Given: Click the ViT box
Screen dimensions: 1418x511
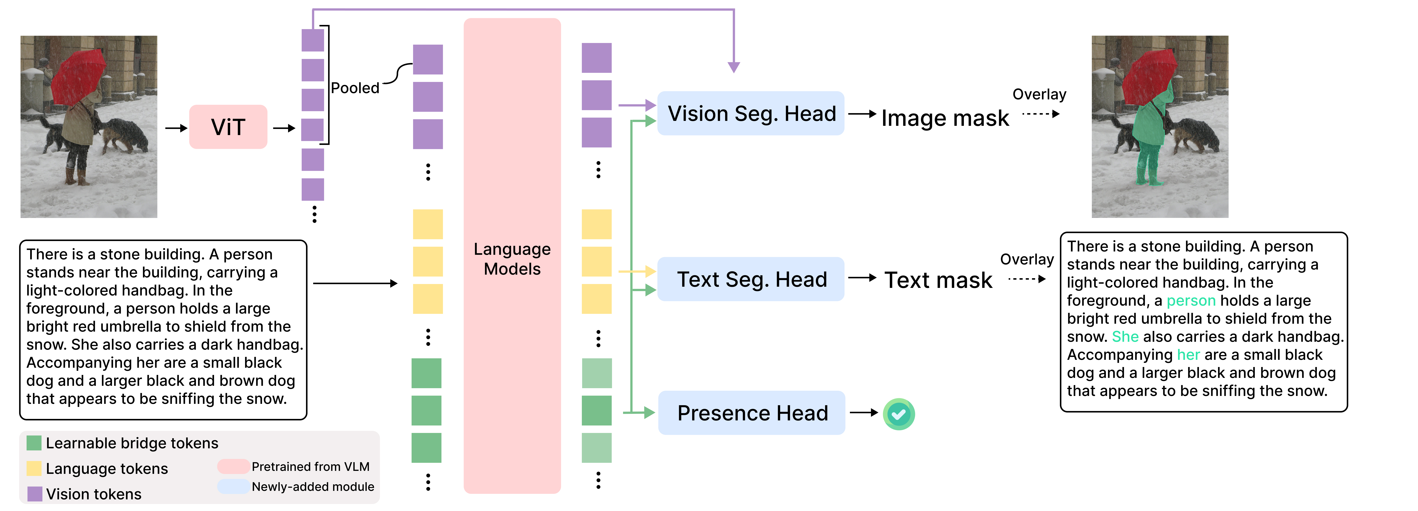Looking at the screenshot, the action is [x=228, y=127].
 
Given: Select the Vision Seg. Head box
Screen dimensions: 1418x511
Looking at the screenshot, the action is [x=751, y=113].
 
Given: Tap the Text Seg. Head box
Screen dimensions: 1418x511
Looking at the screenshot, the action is [x=751, y=279].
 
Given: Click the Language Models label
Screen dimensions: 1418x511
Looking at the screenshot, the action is [x=512, y=259].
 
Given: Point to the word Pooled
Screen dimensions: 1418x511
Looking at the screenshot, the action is [x=355, y=88].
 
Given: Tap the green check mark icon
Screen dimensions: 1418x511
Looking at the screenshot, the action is [x=899, y=414].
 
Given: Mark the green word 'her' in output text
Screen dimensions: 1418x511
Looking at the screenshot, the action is [x=1188, y=355].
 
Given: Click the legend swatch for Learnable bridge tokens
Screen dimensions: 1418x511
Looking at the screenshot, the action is [x=34, y=443].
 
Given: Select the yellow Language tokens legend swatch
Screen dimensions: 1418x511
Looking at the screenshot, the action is [x=34, y=468].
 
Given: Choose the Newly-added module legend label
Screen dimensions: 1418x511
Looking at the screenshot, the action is [x=313, y=487].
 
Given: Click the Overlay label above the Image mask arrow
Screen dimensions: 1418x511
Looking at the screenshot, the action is [x=1039, y=95].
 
